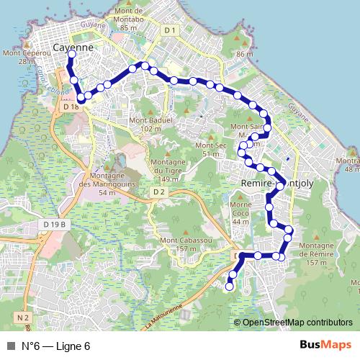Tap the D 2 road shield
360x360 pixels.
pyautogui.click(x=159, y=192)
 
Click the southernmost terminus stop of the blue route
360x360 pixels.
pyautogui.click(x=230, y=287)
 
